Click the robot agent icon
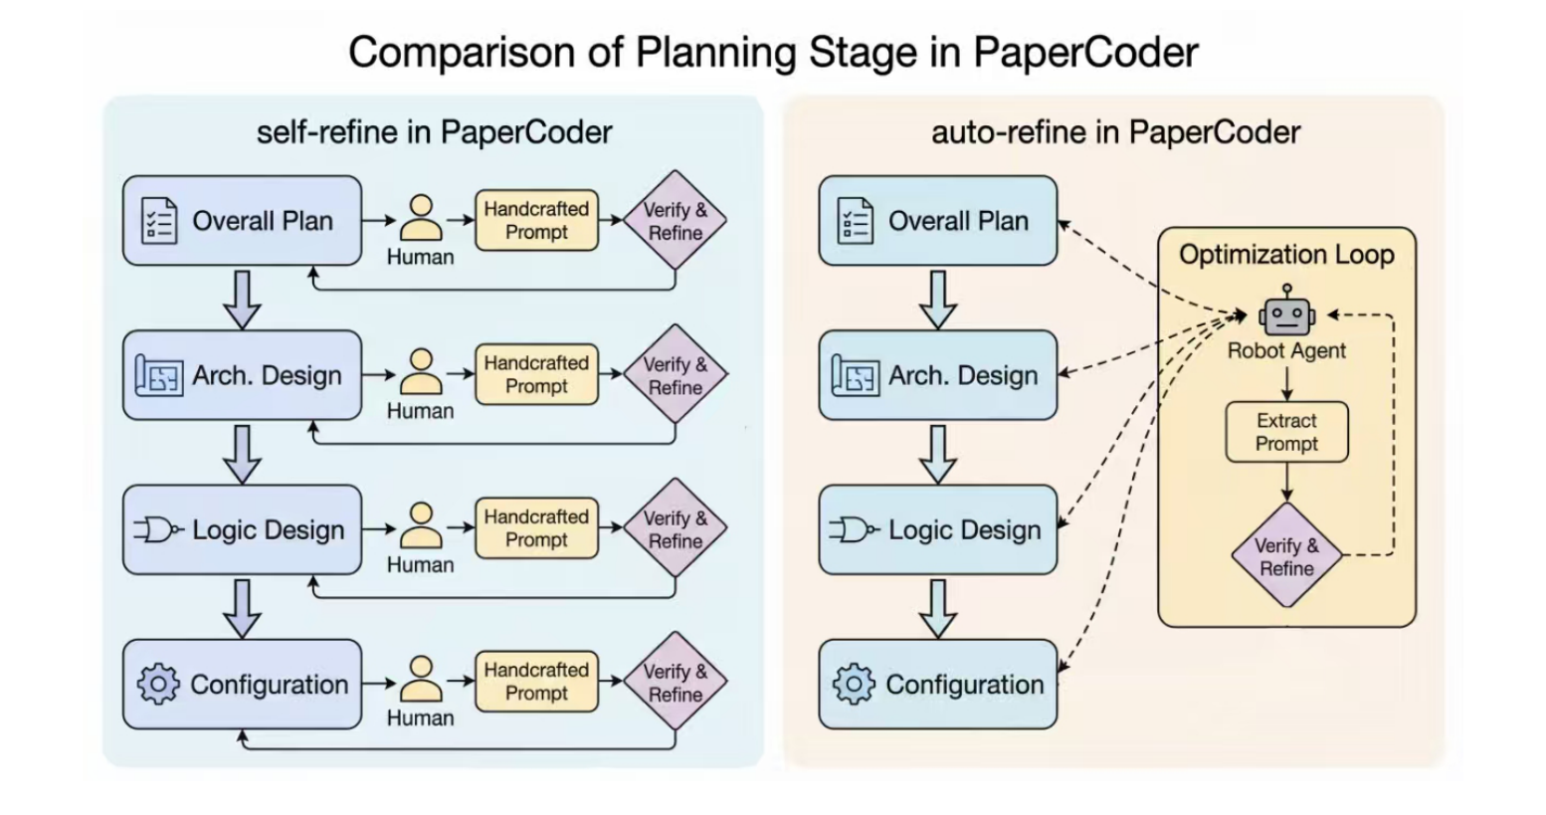click(x=1286, y=313)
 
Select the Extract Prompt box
click(x=1286, y=432)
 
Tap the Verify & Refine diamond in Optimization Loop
click(x=1286, y=556)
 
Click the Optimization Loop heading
click(x=1286, y=255)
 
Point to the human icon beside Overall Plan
click(x=421, y=218)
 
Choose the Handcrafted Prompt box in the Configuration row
click(x=536, y=682)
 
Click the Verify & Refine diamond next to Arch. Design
click(x=676, y=375)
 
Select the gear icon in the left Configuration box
click(x=157, y=685)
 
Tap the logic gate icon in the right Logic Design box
click(x=854, y=530)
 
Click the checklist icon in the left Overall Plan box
click(x=157, y=221)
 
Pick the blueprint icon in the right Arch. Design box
click(x=854, y=376)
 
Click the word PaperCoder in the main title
click(x=1085, y=52)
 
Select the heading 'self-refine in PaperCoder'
click(x=434, y=132)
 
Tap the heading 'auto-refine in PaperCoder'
click(x=1115, y=132)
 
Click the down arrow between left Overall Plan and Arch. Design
click(x=242, y=299)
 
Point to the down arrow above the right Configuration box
click(x=937, y=607)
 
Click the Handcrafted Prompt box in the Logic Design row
click(x=536, y=528)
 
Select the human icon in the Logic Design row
click(x=421, y=526)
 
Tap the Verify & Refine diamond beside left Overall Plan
click(x=676, y=221)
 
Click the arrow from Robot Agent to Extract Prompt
click(x=1286, y=383)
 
